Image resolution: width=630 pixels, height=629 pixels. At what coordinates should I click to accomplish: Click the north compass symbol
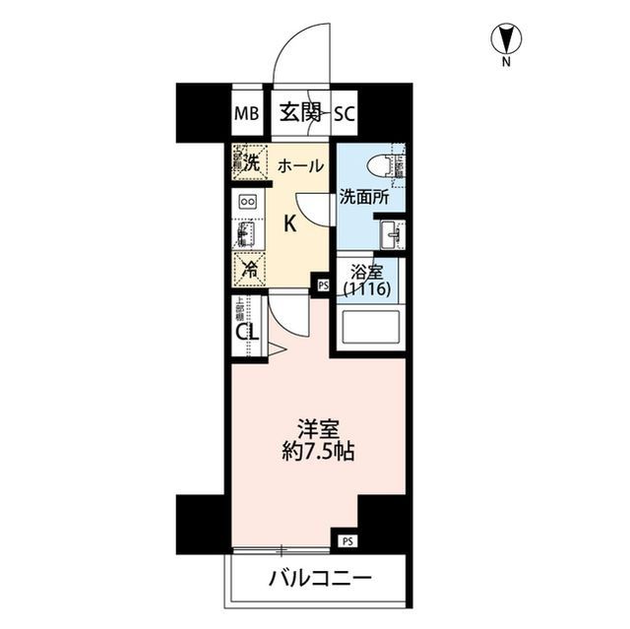click(x=507, y=39)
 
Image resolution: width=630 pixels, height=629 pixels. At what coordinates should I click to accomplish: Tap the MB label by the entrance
click(x=246, y=112)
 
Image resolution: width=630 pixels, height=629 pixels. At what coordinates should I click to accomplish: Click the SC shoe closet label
click(x=344, y=112)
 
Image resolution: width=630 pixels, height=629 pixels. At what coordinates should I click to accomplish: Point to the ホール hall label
click(x=300, y=166)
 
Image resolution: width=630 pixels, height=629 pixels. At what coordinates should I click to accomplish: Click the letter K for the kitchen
click(x=290, y=223)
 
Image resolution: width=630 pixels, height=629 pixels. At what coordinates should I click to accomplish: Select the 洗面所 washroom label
click(x=364, y=197)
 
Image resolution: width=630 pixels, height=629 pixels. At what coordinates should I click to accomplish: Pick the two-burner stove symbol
click(x=247, y=202)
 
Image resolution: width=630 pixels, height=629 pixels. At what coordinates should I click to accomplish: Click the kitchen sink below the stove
click(x=246, y=234)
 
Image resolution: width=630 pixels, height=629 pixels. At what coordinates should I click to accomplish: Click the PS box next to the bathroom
click(x=322, y=285)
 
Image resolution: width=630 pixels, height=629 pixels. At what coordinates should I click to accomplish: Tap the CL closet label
click(x=247, y=331)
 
